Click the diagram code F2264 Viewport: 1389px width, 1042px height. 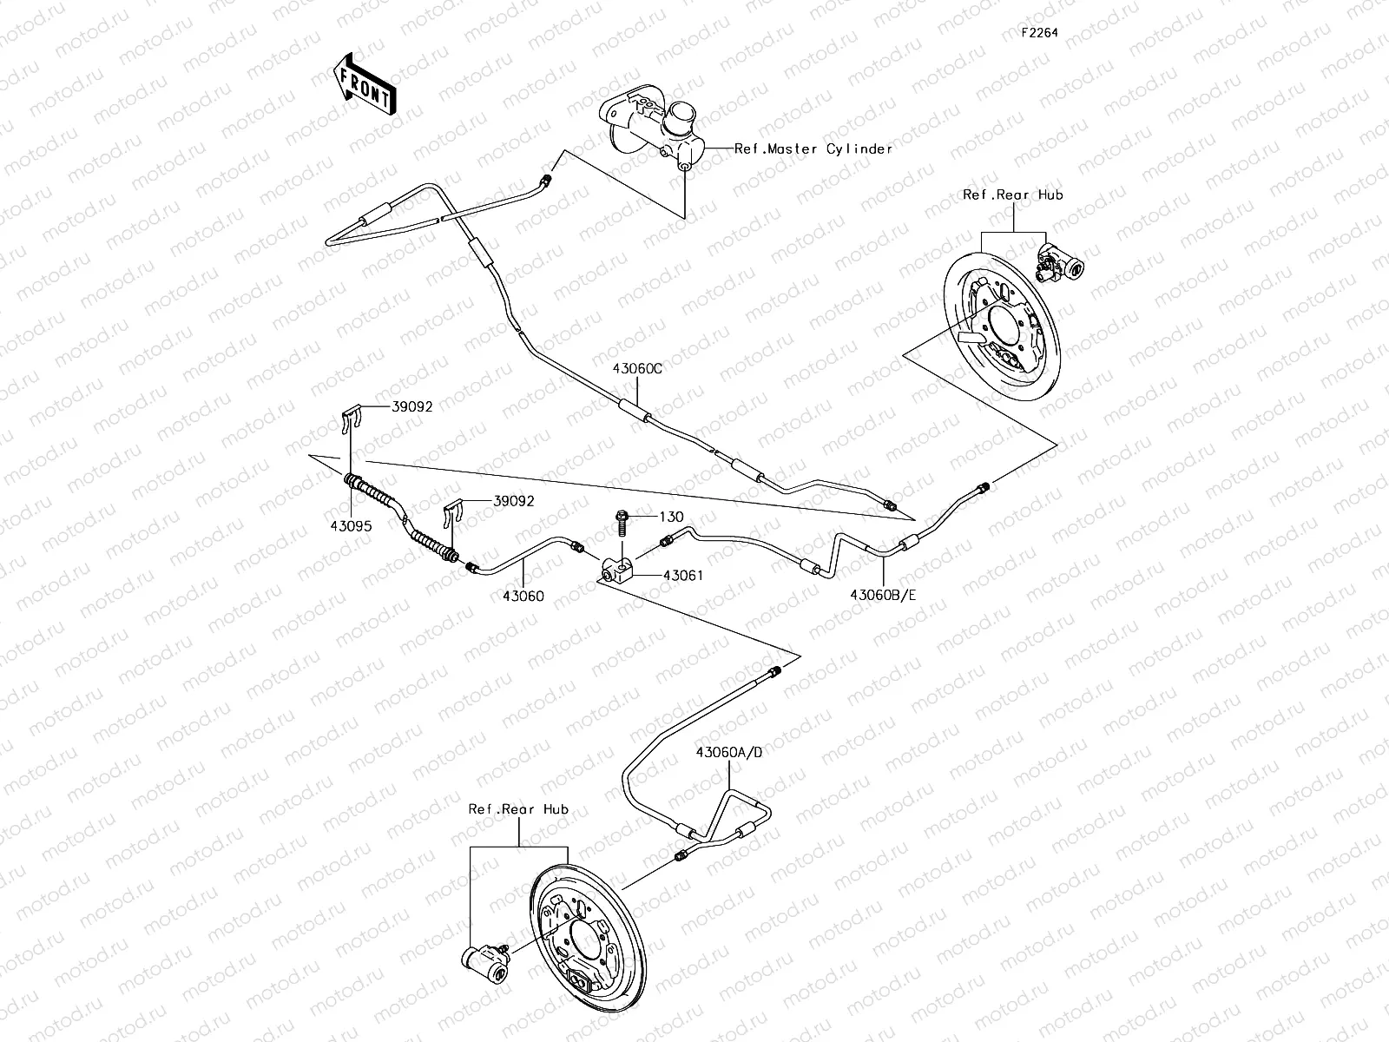pos(1039,33)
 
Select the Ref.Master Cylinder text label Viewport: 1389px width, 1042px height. pos(813,148)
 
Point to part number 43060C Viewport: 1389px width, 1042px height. pos(637,368)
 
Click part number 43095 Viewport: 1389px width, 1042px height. pos(349,526)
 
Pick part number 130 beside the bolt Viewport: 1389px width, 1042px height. pos(672,517)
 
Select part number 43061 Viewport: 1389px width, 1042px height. pos(683,575)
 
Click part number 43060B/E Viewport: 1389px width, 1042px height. pos(884,595)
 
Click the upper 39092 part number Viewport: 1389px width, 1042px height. pos(411,406)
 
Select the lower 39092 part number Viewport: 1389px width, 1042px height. pos(514,501)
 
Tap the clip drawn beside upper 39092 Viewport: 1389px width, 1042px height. pos(349,420)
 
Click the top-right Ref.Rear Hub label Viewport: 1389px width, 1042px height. pos(1013,195)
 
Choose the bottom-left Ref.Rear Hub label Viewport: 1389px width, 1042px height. pos(518,808)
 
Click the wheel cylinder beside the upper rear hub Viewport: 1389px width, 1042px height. pos(1061,262)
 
